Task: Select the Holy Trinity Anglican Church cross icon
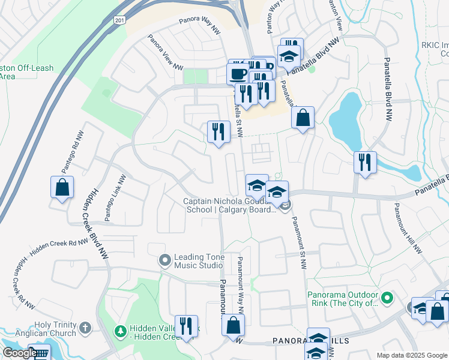click(85, 328)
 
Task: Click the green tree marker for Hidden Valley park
click(120, 331)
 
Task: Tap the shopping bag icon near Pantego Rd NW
click(62, 187)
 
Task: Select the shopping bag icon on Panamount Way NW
click(233, 325)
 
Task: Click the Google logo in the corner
click(19, 353)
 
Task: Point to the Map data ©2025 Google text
click(412, 355)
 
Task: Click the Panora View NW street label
click(164, 52)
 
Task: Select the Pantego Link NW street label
click(115, 198)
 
